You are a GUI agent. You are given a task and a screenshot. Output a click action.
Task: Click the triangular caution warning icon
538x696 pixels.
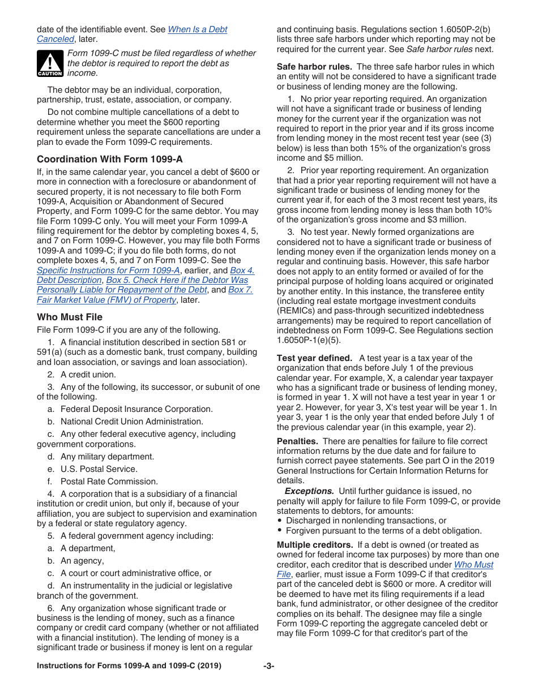(x=50, y=63)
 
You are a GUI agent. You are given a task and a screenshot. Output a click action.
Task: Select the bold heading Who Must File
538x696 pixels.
(x=70, y=317)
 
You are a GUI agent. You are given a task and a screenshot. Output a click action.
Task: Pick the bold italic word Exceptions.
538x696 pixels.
(x=309, y=491)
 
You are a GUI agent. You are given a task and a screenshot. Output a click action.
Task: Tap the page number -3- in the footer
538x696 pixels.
(x=268, y=666)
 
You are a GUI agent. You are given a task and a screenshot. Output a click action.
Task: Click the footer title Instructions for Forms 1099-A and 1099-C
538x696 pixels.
(x=129, y=666)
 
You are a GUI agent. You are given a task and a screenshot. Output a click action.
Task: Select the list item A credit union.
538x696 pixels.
(x=88, y=375)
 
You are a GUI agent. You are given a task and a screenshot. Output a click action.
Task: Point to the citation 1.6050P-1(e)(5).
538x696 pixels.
(x=309, y=340)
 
